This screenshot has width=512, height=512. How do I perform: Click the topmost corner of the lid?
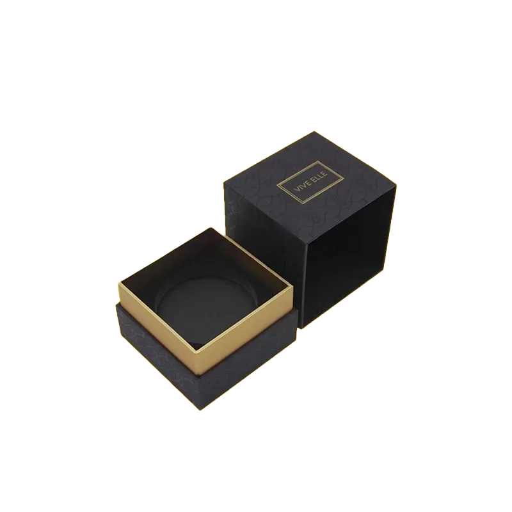314,132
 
